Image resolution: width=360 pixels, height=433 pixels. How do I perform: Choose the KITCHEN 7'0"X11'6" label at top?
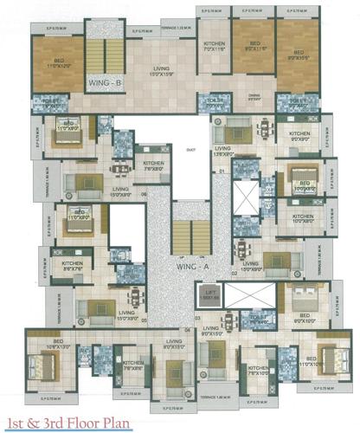coord(214,48)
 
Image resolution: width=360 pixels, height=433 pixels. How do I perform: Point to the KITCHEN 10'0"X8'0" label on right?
coord(302,219)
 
